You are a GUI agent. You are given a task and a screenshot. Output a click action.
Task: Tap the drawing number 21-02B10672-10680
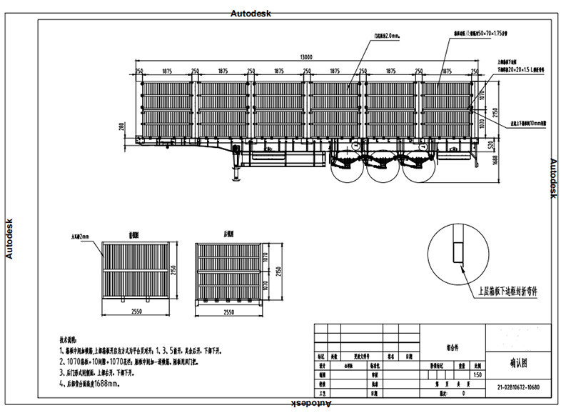(x=519, y=389)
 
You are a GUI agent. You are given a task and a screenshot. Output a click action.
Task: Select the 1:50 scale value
(x=475, y=374)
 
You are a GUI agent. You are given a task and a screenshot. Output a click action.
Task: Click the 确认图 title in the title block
(x=519, y=363)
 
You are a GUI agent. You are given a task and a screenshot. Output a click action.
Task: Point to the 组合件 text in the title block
(x=453, y=347)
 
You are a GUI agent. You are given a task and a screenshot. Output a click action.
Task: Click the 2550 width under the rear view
(x=229, y=312)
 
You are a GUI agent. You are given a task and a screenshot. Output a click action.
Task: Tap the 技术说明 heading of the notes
(x=71, y=340)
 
